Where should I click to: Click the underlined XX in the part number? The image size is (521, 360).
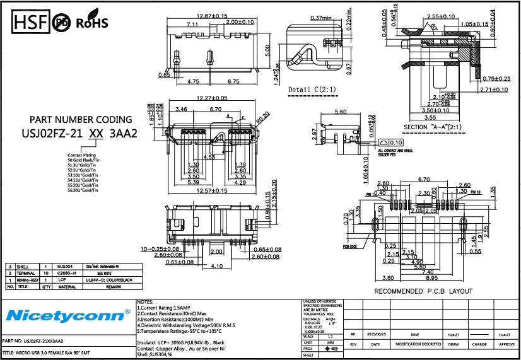point(96,133)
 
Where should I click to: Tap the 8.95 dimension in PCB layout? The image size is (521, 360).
point(432,277)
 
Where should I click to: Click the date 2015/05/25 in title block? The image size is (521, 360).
point(375,335)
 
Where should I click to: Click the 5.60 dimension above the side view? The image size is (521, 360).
point(341,112)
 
